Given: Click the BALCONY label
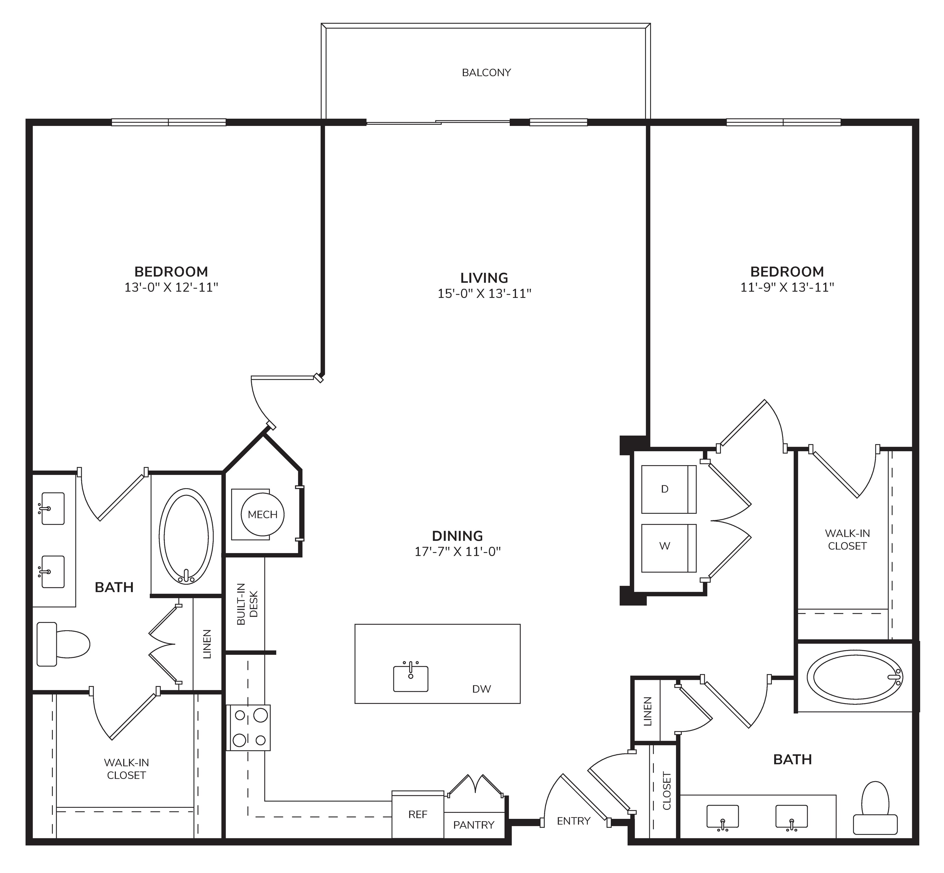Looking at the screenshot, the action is click(x=486, y=73).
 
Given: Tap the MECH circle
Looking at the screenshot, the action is click(x=262, y=515).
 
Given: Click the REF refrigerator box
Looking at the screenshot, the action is click(x=418, y=814).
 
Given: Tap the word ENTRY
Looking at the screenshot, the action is click(x=573, y=821).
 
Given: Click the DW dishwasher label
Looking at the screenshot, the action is click(x=481, y=689).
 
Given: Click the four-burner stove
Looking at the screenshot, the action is click(x=248, y=727).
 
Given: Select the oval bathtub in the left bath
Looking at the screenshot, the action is click(x=186, y=536).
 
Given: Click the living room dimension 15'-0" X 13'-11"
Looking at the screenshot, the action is click(x=484, y=294).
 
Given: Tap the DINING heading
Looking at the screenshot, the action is click(x=458, y=536).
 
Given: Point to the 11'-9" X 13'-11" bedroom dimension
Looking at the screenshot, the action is click(x=787, y=287).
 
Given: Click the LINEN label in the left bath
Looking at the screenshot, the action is click(x=207, y=644).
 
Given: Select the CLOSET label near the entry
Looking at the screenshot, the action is click(x=666, y=790).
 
